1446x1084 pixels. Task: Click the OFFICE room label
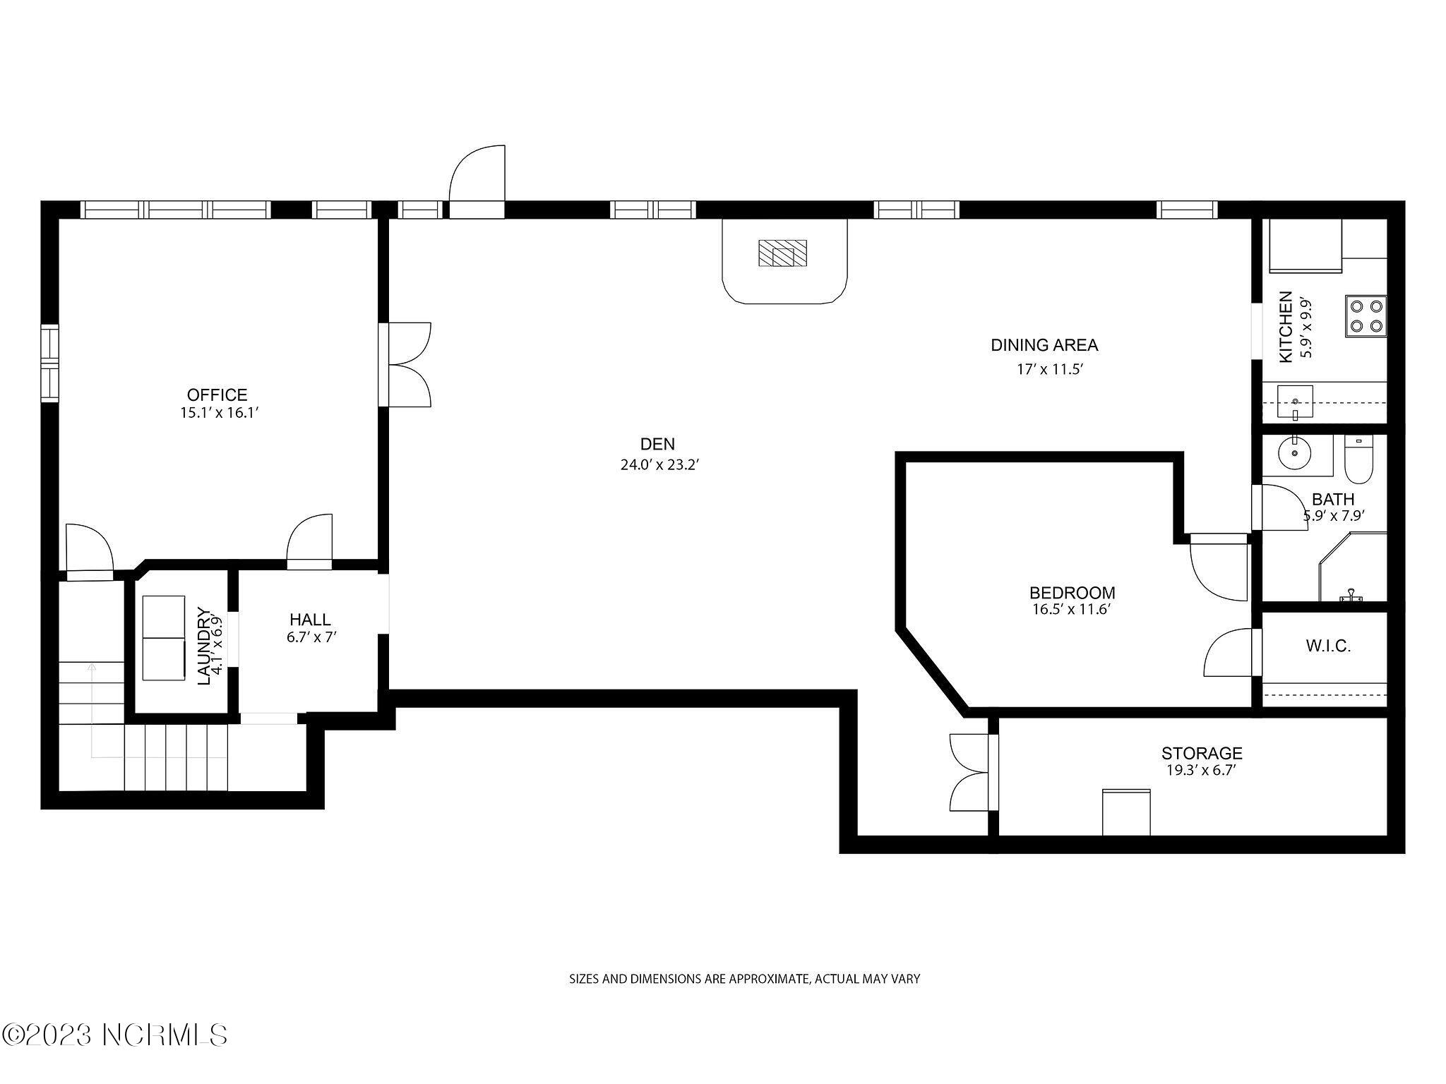point(217,395)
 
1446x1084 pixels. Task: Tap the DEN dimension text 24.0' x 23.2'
point(659,465)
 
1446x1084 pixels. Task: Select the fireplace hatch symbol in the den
point(782,253)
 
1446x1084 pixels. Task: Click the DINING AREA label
point(1044,345)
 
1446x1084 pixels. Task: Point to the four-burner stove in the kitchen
point(1366,315)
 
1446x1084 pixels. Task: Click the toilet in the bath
point(1356,462)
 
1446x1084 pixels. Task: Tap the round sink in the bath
point(1294,452)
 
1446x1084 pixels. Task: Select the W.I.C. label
point(1328,646)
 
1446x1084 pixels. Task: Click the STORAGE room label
point(1202,753)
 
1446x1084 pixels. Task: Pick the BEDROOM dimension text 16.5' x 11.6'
point(1072,609)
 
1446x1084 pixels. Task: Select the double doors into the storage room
point(971,772)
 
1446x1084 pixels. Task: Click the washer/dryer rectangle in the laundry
point(164,638)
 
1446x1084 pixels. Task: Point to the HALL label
point(310,620)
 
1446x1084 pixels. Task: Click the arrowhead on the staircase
point(91,666)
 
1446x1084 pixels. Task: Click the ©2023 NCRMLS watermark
point(114,1035)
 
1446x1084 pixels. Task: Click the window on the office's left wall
point(49,363)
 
